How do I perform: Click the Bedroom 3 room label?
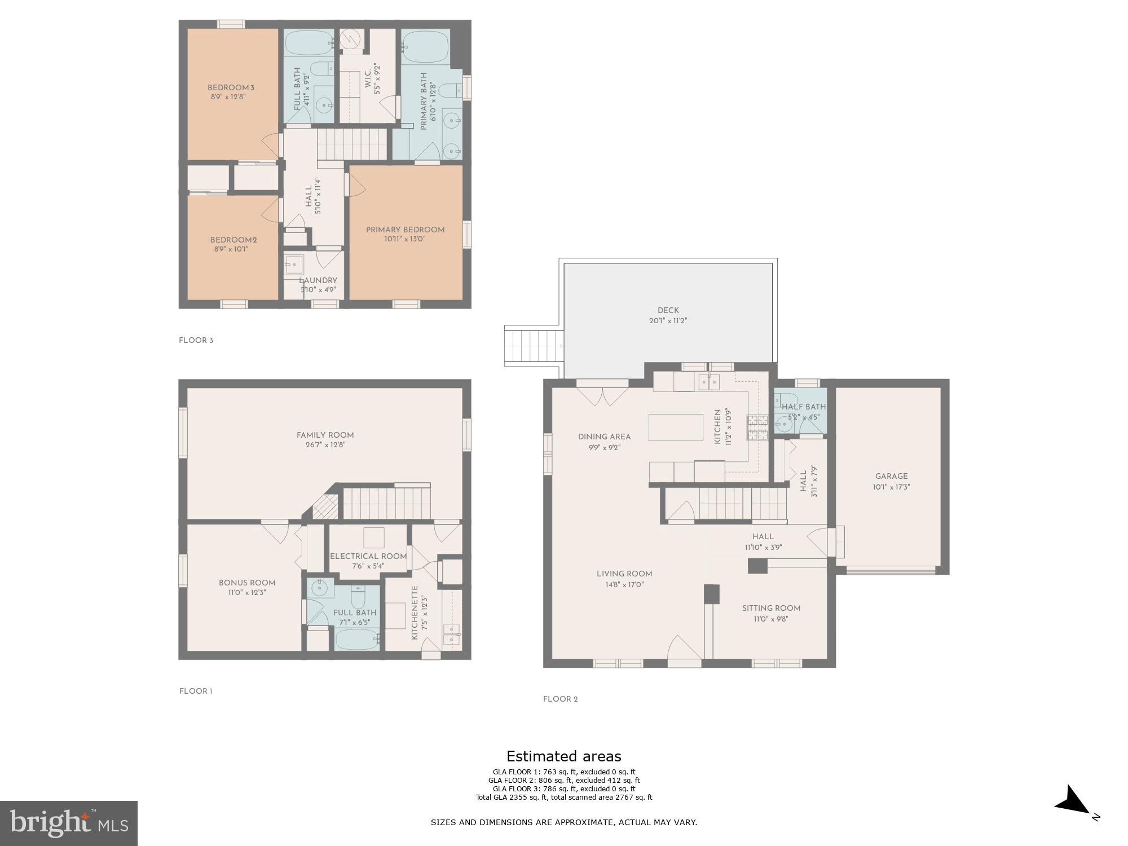[x=231, y=87]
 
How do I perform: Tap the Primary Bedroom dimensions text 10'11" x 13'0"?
[x=404, y=239]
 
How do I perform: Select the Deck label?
[x=668, y=310]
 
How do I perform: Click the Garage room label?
[x=891, y=476]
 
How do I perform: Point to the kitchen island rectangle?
[x=676, y=427]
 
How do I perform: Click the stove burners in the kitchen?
[x=758, y=427]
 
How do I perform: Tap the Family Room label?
[x=325, y=435]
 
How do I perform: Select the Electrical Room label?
[x=368, y=556]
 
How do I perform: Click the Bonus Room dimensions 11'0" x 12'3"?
[x=247, y=592]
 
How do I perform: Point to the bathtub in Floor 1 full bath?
[x=357, y=640]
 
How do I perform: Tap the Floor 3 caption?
[x=196, y=340]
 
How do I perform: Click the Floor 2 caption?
[x=560, y=699]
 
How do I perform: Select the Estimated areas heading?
[x=563, y=756]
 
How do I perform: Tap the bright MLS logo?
[x=69, y=823]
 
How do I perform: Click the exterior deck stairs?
[x=534, y=346]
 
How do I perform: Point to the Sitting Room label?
[x=771, y=608]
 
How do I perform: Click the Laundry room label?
[x=319, y=280]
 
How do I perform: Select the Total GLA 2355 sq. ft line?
[x=563, y=797]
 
